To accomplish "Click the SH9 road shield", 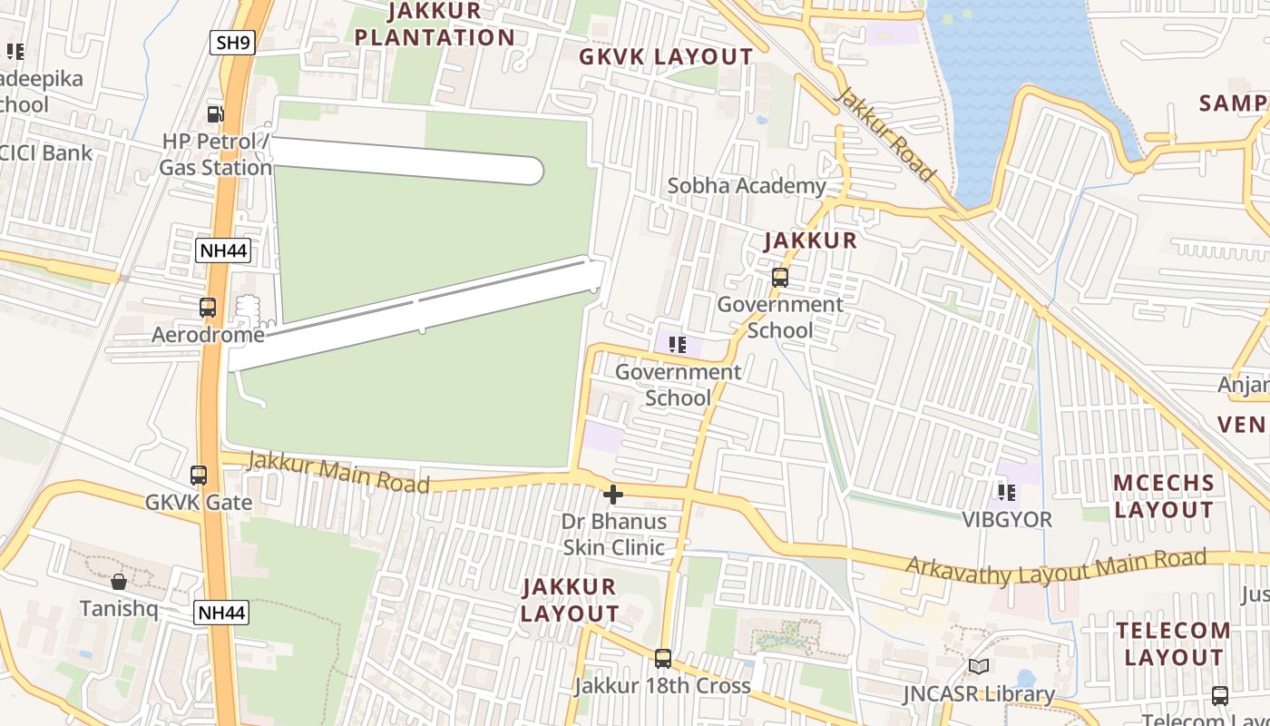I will [232, 43].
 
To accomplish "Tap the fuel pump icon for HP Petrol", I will [216, 113].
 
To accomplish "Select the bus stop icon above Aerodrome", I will [208, 308].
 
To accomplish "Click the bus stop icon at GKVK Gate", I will [199, 475].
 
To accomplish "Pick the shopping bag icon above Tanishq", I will [119, 581].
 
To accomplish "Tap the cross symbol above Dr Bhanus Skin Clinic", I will [613, 495].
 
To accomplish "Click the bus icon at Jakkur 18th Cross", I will [663, 659].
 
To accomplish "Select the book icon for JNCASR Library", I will [978, 667].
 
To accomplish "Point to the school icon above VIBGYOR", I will [1006, 493].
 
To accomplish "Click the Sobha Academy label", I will [747, 186].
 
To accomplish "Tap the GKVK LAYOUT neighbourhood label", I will [666, 57].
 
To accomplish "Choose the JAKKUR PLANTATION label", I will [435, 25].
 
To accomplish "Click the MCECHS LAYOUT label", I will [1163, 495].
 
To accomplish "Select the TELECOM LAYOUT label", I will [1173, 643].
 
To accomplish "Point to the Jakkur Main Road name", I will [338, 472].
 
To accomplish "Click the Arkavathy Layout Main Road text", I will [1056, 567].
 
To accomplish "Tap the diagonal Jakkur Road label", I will [884, 134].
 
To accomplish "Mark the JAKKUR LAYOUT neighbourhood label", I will [570, 600].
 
